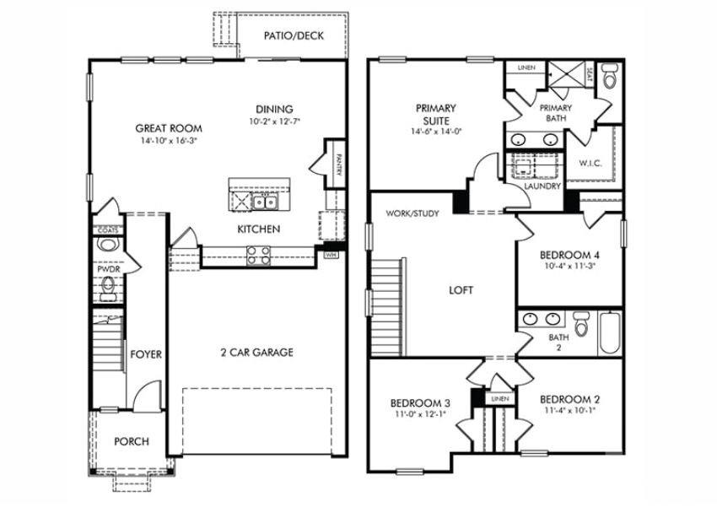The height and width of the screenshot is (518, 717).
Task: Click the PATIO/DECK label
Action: [294, 35]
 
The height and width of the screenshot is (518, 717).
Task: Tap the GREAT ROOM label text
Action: [170, 129]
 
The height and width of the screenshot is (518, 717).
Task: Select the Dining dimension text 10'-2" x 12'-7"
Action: [275, 121]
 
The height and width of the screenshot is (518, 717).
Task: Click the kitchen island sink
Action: [267, 201]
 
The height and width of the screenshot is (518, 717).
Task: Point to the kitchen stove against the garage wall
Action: [258, 256]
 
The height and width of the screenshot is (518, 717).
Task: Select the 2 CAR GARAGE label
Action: [256, 352]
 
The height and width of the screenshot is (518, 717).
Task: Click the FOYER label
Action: [146, 354]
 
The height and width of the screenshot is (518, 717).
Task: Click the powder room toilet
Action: [107, 245]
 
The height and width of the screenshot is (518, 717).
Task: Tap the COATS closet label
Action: [107, 229]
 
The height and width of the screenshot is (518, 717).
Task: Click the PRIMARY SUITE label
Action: [435, 114]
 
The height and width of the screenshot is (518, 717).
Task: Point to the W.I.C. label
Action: [590, 163]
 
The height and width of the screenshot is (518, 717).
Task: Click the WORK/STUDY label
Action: [412, 213]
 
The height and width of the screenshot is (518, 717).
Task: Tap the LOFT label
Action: [461, 289]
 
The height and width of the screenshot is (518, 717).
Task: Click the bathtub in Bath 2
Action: [611, 333]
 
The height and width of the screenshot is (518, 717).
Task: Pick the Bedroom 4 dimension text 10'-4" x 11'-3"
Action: [570, 267]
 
